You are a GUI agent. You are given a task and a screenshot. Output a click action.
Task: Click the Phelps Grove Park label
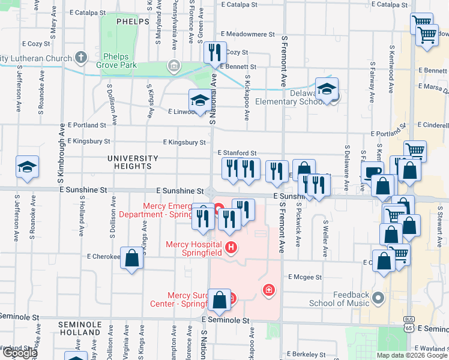pos(119,61)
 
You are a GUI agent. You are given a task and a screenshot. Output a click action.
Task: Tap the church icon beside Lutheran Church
pos(81,59)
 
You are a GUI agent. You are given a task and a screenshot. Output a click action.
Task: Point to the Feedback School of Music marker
pos(378,297)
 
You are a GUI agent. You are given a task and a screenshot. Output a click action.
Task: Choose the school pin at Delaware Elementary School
pos(327,89)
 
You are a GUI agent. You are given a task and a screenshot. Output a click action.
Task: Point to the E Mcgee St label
pos(305,277)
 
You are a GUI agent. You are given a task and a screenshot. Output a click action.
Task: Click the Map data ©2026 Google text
pos(411,355)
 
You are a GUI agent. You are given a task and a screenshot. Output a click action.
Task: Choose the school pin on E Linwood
pos(200,100)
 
